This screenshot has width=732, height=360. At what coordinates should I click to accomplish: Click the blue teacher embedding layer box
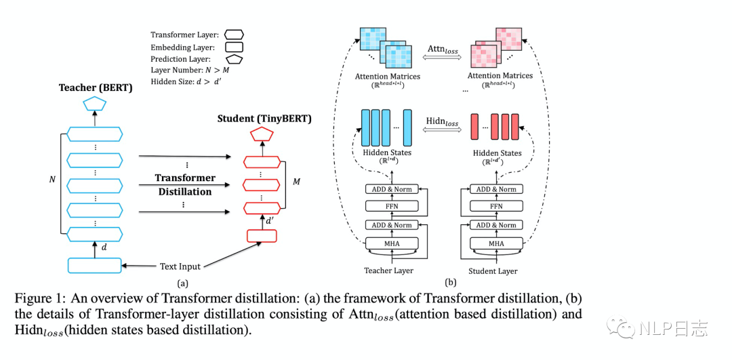tap(94, 265)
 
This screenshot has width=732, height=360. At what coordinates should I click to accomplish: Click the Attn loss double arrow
tap(443, 60)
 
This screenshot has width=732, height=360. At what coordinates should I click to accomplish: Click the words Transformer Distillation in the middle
tap(185, 184)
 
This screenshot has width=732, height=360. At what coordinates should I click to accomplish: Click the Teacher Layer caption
tap(388, 271)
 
